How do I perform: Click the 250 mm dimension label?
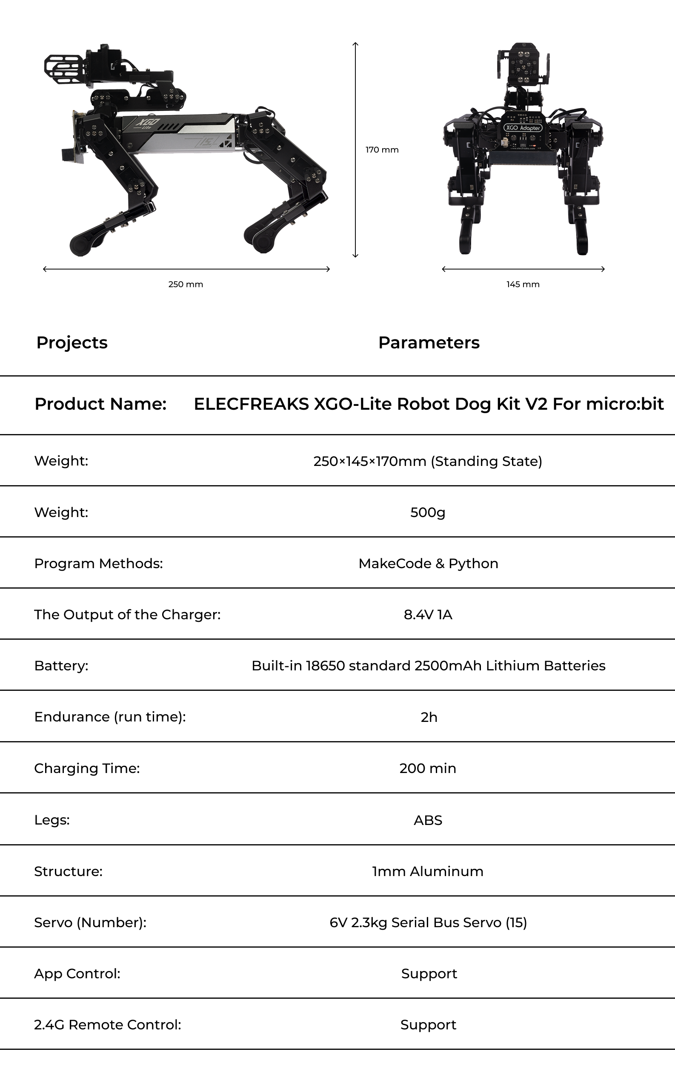tap(185, 284)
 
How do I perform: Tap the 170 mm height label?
tap(382, 150)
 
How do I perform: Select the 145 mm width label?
tap(523, 284)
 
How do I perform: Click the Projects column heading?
tap(72, 342)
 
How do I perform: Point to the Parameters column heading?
tap(429, 342)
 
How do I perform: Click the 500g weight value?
tap(428, 512)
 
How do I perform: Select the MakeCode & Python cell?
tap(428, 563)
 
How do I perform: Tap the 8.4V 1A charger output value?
tap(428, 615)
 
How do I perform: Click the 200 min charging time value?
tap(428, 768)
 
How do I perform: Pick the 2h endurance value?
tap(429, 717)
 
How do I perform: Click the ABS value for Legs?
tap(428, 820)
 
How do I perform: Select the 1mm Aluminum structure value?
tap(428, 871)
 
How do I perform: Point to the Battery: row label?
tap(61, 666)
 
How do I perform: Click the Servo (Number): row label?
tap(90, 922)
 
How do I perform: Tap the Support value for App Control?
tap(429, 974)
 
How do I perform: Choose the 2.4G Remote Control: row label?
tap(108, 1025)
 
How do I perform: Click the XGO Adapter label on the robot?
tap(523, 128)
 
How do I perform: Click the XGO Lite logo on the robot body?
tap(147, 123)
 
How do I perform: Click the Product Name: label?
tap(100, 404)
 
